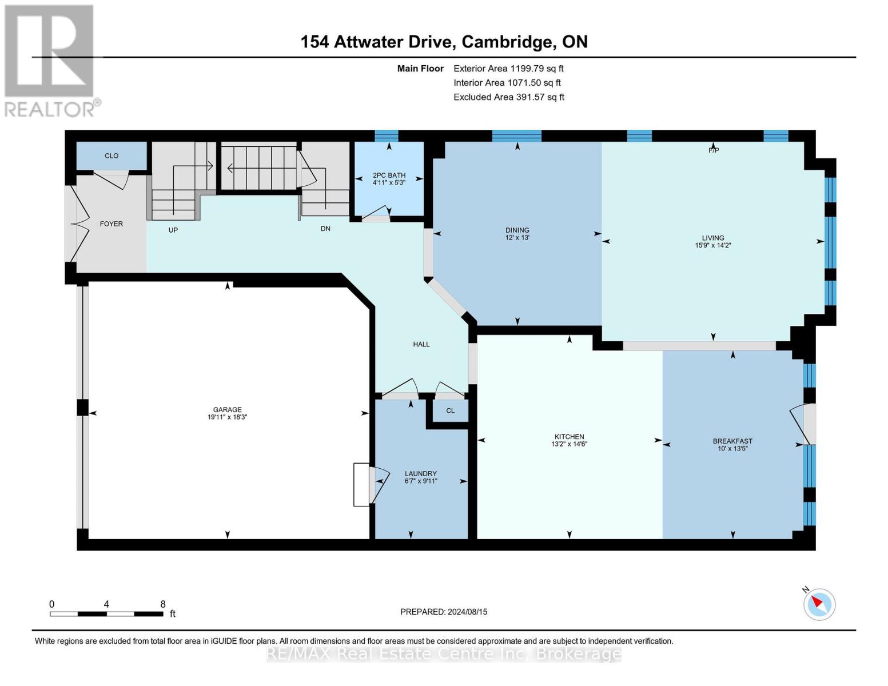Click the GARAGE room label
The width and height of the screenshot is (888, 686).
(x=227, y=409)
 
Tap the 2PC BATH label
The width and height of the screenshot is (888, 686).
(x=389, y=175)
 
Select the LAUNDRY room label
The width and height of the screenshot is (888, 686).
(x=420, y=473)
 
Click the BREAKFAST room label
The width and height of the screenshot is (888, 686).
(x=732, y=441)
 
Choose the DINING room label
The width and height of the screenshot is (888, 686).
(x=517, y=230)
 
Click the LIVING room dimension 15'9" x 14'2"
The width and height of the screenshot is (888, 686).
(x=712, y=245)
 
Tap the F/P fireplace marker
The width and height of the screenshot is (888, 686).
(x=713, y=150)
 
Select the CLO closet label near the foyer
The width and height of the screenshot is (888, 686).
(x=112, y=155)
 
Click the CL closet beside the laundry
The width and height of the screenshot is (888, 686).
(x=450, y=410)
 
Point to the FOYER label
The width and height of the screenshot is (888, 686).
(x=111, y=224)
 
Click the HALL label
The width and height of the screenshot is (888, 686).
(x=421, y=344)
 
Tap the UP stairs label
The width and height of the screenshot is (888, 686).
(x=173, y=230)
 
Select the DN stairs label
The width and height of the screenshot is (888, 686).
(x=325, y=228)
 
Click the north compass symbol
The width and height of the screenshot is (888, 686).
(x=819, y=604)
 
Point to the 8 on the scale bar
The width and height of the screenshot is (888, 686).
(x=162, y=604)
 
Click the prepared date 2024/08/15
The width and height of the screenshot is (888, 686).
(x=467, y=612)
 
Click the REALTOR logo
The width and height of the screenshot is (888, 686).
(x=50, y=61)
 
